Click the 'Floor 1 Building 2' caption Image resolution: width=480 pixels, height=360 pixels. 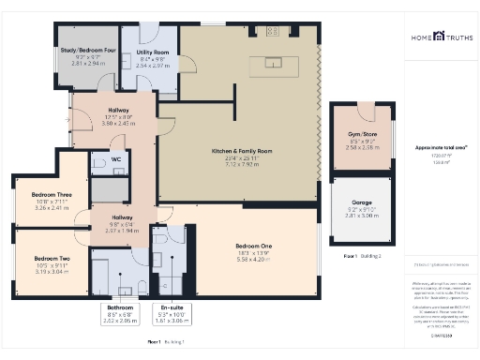pos(361,255)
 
